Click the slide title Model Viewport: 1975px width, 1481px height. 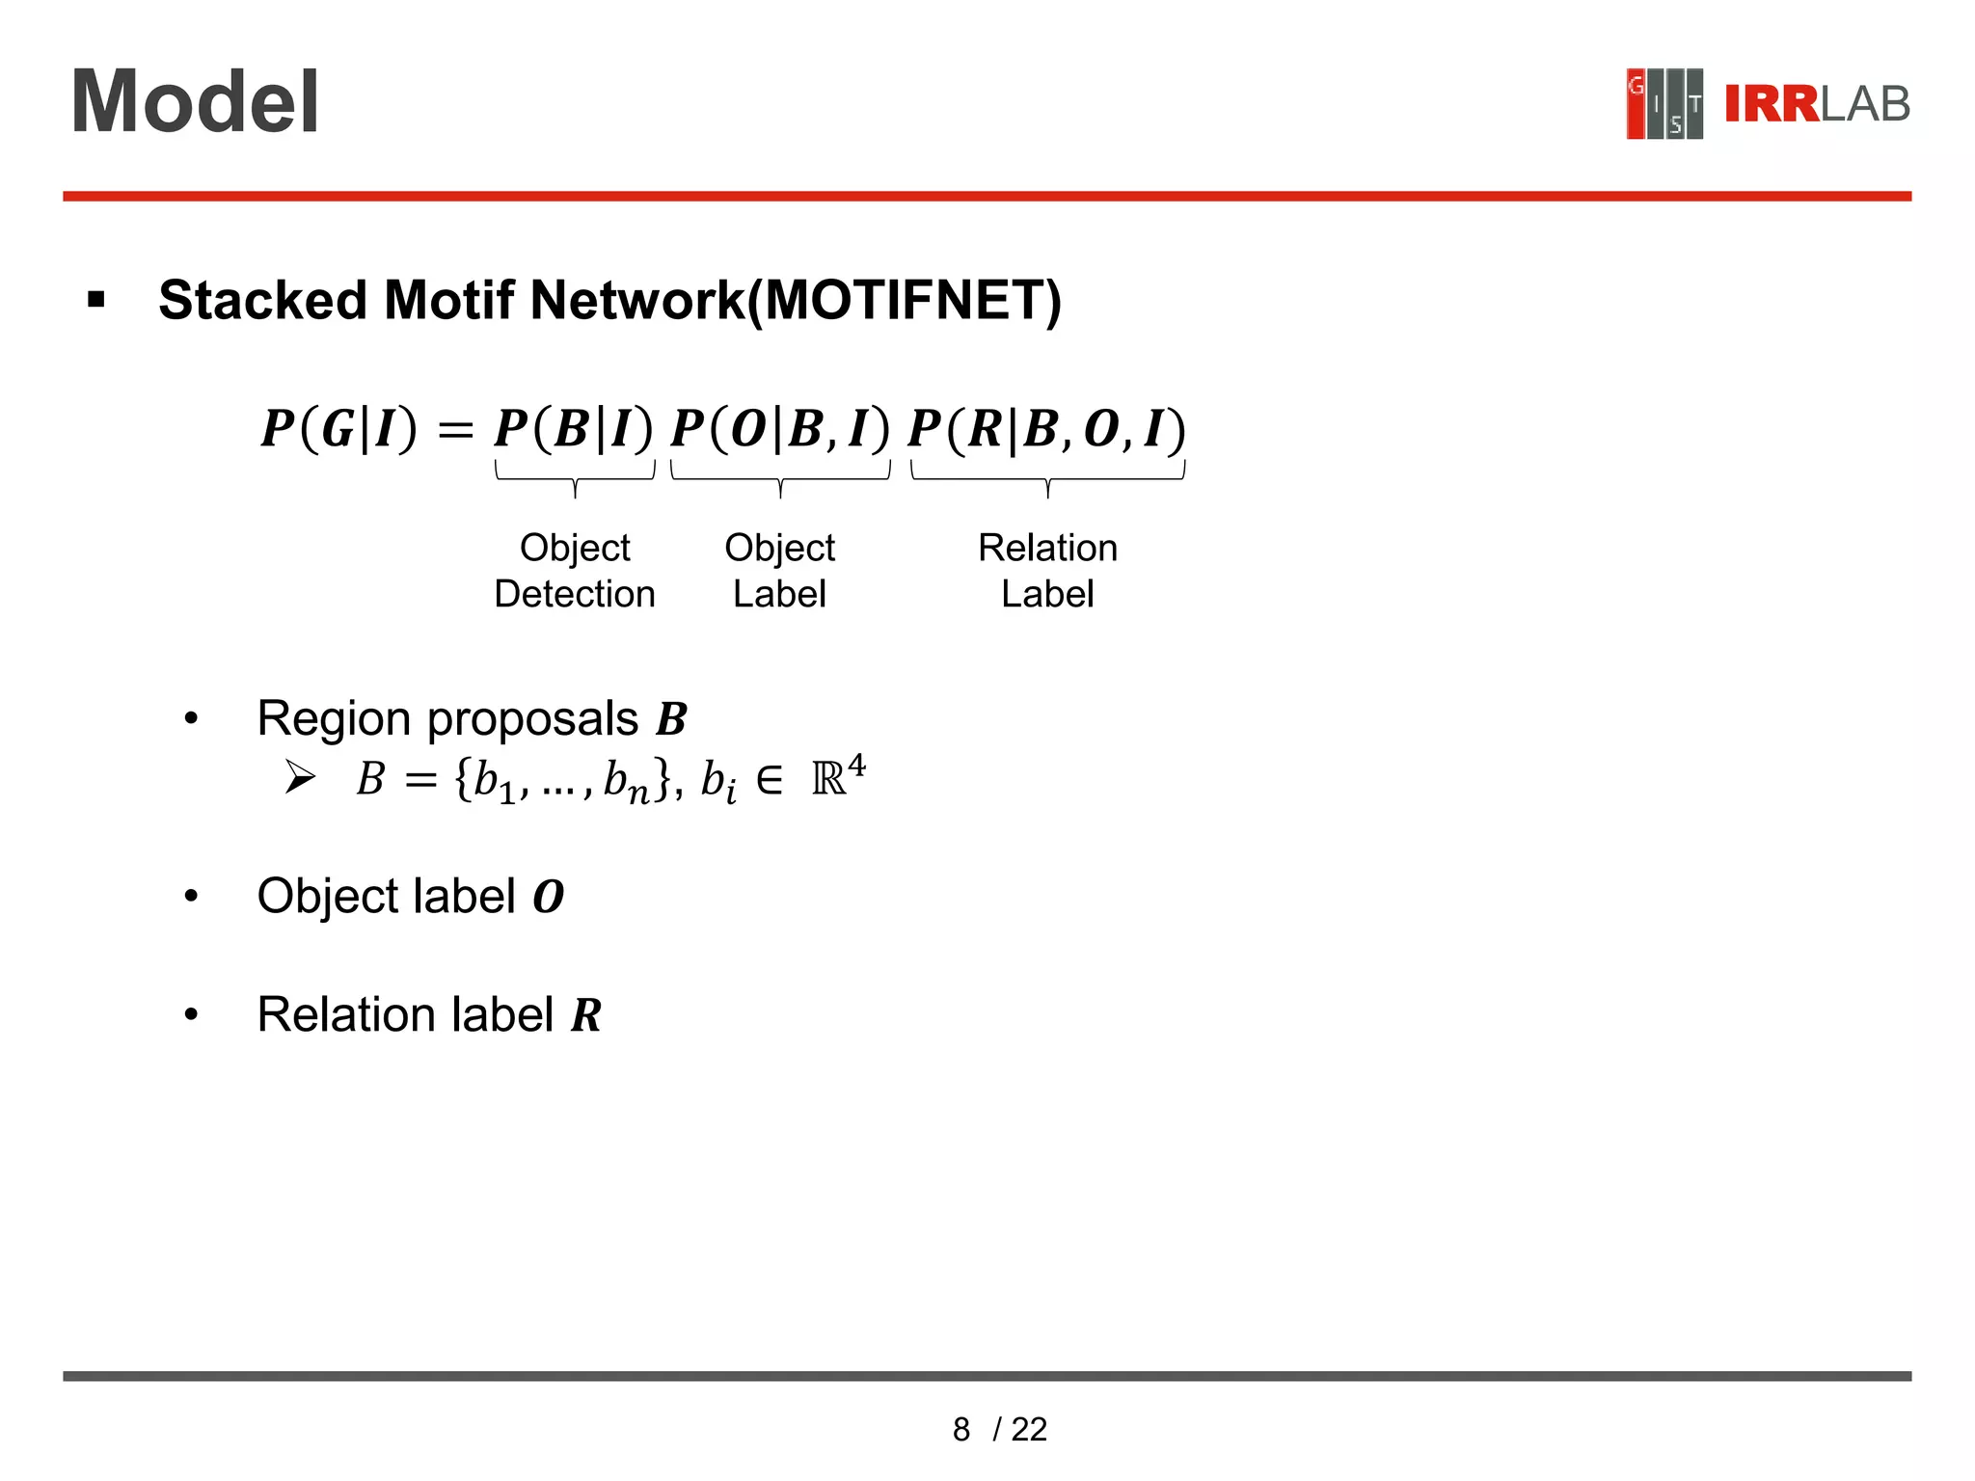click(195, 102)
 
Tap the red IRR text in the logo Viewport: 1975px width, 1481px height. click(1771, 104)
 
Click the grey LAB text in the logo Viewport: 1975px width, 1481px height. click(1864, 104)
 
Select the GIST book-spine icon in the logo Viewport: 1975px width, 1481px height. click(1664, 104)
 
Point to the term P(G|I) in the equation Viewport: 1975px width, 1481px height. click(339, 428)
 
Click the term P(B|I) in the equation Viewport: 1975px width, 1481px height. click(574, 428)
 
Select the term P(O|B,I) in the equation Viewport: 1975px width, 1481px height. click(780, 428)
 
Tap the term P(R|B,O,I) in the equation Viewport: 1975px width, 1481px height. click(1047, 428)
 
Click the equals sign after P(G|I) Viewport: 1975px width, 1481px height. click(455, 430)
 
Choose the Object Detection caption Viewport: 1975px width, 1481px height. click(575, 571)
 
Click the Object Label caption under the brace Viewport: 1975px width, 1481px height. click(779, 571)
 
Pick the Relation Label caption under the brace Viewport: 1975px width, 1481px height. click(1047, 571)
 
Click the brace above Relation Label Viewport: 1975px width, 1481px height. click(1047, 477)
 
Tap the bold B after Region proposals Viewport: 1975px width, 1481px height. click(671, 719)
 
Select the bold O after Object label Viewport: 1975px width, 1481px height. click(548, 898)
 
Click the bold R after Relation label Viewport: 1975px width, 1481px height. click(586, 1015)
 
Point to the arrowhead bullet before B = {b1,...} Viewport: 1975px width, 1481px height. click(300, 777)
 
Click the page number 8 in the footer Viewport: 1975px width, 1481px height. click(960, 1429)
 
